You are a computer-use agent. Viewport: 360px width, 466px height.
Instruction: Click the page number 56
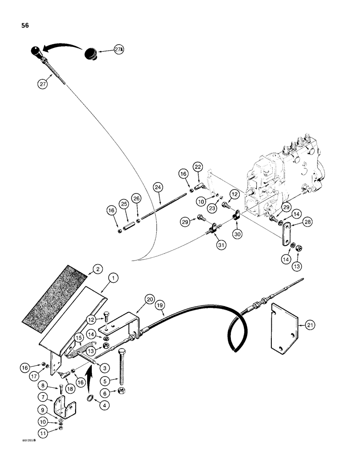point(25,26)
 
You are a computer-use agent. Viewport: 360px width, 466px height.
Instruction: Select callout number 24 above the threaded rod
point(159,188)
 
